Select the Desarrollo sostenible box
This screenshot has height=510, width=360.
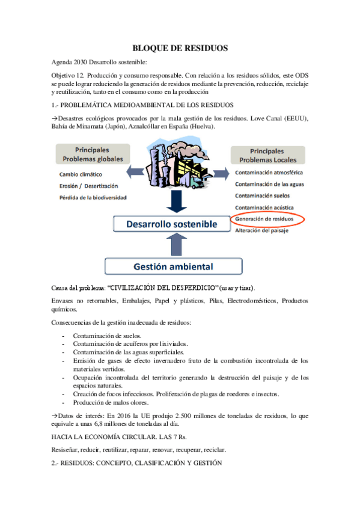coord(171,224)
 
